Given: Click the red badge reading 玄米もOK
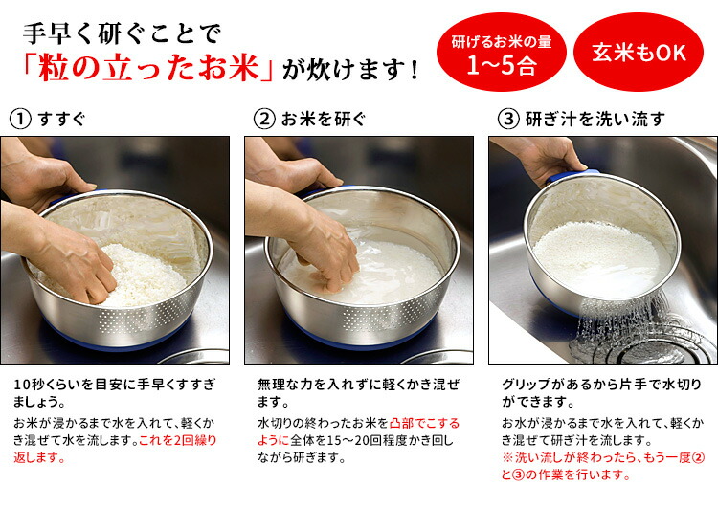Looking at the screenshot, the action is click(x=639, y=53).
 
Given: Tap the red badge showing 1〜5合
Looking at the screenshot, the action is click(x=502, y=53).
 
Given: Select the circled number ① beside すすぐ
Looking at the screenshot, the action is click(x=20, y=119).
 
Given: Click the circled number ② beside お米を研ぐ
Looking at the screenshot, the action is click(x=264, y=119).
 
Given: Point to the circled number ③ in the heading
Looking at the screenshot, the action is click(x=508, y=119).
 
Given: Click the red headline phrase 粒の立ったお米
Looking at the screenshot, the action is click(x=148, y=69).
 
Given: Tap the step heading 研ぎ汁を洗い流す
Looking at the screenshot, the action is click(x=595, y=120).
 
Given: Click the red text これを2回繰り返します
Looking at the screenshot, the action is click(x=115, y=449).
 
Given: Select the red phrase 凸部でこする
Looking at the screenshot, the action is click(x=424, y=423).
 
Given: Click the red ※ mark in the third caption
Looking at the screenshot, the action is click(x=507, y=457).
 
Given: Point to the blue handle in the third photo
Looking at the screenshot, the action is click(x=571, y=175).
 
